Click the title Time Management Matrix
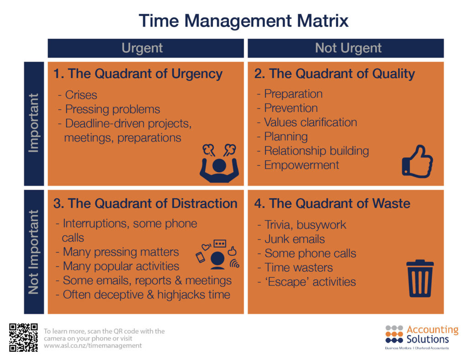click(x=244, y=21)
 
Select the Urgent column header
click(x=142, y=48)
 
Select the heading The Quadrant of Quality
click(x=335, y=74)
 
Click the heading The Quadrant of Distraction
click(x=145, y=204)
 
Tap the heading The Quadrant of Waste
click(x=332, y=204)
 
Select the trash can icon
click(x=420, y=278)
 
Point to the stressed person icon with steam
click(x=219, y=163)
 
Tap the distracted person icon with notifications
click(x=218, y=255)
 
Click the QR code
click(x=23, y=337)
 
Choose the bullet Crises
click(x=80, y=95)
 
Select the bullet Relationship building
click(x=316, y=151)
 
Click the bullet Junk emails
click(x=294, y=239)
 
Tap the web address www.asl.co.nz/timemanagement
click(x=93, y=346)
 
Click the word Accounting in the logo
click(x=432, y=330)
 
